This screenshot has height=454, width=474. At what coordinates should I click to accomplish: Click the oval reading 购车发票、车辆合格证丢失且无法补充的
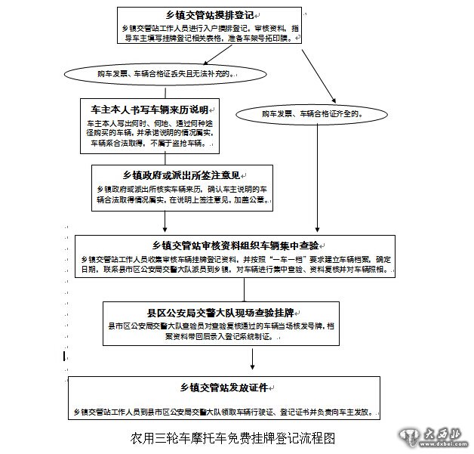(x=154, y=74)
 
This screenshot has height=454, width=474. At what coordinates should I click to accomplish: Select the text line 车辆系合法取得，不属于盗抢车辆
(x=141, y=143)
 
